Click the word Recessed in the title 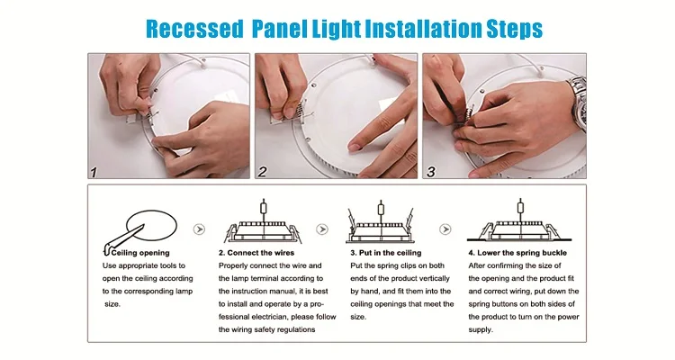pyautogui.click(x=194, y=29)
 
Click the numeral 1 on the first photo pyautogui.click(x=93, y=172)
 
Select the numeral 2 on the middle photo pyautogui.click(x=262, y=172)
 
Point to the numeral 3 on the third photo pyautogui.click(x=431, y=172)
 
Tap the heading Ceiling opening pyautogui.click(x=140, y=253)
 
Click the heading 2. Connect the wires pyautogui.click(x=256, y=253)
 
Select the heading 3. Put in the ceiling pyautogui.click(x=386, y=253)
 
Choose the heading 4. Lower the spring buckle pyautogui.click(x=517, y=253)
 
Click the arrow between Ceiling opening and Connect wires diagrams pyautogui.click(x=199, y=229)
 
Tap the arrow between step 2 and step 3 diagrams pyautogui.click(x=322, y=229)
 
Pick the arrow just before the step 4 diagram pyautogui.click(x=445, y=229)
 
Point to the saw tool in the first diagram pyautogui.click(x=122, y=238)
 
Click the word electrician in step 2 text pyautogui.click(x=268, y=317)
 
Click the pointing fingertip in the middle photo pyautogui.click(x=355, y=147)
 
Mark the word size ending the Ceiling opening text pyautogui.click(x=112, y=304)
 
